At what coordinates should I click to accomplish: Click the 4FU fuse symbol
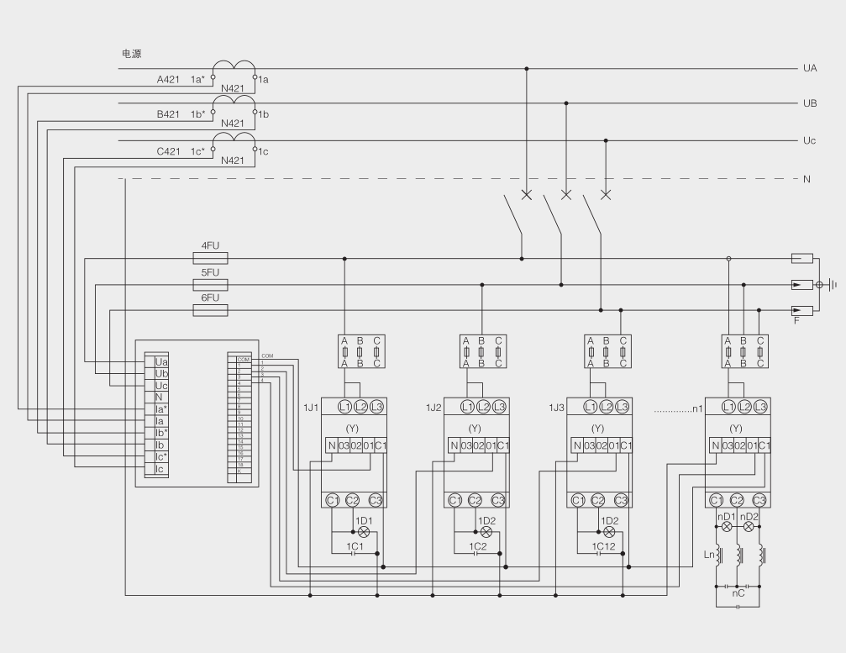tap(210, 259)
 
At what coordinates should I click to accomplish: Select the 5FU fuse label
tap(209, 273)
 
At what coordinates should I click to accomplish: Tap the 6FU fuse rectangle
tap(210, 310)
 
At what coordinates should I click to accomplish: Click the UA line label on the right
tap(810, 68)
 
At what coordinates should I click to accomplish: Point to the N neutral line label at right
tap(807, 179)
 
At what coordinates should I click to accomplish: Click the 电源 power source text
tap(131, 53)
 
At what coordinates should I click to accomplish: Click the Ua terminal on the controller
tap(161, 361)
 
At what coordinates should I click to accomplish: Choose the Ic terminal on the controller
tap(160, 469)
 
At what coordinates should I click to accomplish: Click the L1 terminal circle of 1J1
tap(344, 406)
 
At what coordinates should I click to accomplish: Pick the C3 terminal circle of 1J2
tap(498, 500)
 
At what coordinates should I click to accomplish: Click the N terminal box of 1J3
tap(577, 445)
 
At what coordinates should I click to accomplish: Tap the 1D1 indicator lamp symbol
tap(364, 532)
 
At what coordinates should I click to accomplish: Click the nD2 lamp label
tap(751, 516)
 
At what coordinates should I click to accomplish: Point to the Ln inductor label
tap(708, 554)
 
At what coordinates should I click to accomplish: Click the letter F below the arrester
tap(796, 321)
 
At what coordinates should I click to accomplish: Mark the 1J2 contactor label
tap(434, 407)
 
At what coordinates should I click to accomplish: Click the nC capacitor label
tap(738, 592)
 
